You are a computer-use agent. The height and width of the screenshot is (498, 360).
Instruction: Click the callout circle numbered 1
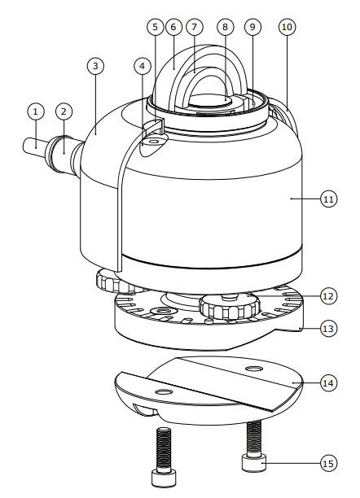click(x=36, y=111)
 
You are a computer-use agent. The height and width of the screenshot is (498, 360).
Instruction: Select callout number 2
click(x=64, y=111)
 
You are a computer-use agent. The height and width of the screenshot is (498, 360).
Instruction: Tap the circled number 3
click(x=95, y=66)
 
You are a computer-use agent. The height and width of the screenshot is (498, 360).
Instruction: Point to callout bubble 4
click(x=142, y=66)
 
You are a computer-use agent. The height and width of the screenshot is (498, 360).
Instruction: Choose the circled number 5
click(x=156, y=27)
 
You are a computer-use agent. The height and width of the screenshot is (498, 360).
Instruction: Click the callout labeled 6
click(x=173, y=27)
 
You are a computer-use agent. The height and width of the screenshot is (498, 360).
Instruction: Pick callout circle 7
click(x=195, y=27)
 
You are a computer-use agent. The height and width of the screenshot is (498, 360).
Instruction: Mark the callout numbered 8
click(x=225, y=27)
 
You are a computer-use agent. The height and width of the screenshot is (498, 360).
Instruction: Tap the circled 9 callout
click(x=252, y=27)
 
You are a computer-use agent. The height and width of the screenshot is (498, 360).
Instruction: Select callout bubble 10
click(x=287, y=27)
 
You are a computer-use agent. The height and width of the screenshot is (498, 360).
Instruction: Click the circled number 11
click(x=328, y=199)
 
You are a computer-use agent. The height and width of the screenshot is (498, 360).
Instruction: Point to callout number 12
click(x=328, y=296)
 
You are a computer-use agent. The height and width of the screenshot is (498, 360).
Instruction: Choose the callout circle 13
click(x=328, y=329)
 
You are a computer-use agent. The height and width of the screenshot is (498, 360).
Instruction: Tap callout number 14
click(x=328, y=383)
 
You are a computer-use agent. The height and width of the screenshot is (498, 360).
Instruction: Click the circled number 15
click(x=328, y=463)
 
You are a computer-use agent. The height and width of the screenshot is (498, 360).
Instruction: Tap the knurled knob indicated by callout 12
click(x=230, y=306)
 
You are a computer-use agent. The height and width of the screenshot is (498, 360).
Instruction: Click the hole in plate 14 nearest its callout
click(x=254, y=369)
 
